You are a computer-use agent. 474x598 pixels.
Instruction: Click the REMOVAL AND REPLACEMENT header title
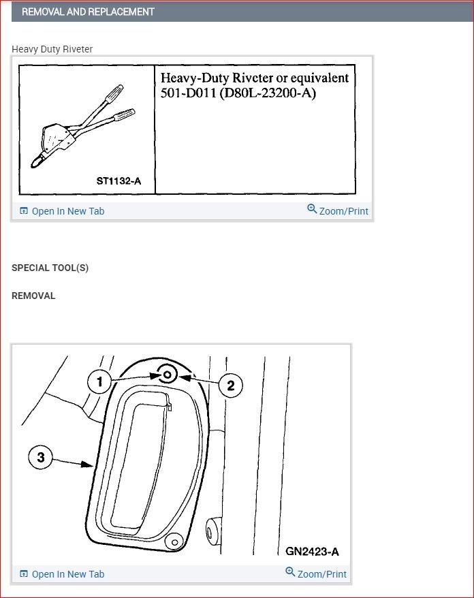[88, 12]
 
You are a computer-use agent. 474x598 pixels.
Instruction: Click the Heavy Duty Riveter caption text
[52, 49]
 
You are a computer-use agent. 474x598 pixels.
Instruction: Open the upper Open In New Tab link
[67, 211]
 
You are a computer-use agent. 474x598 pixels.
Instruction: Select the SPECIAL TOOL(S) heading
[50, 268]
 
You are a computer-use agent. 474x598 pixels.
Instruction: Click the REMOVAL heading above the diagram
[33, 296]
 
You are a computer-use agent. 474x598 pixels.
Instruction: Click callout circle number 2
[230, 386]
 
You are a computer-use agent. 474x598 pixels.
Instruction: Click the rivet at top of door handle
[168, 373]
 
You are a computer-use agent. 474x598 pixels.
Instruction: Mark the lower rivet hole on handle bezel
[174, 541]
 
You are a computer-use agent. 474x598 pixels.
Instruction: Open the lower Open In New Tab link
[67, 574]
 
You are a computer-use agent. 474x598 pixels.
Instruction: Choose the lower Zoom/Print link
[321, 574]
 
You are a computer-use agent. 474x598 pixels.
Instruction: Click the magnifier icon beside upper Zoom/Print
[312, 209]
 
